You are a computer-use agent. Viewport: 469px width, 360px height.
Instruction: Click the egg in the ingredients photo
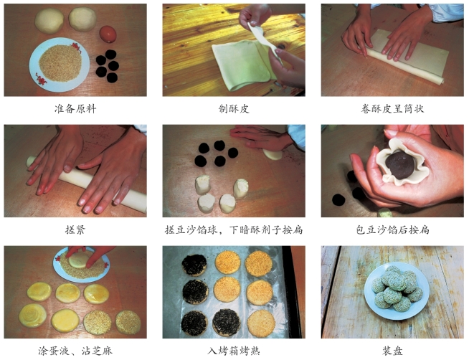(x=108, y=34)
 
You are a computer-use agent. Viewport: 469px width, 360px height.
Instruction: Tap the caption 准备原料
(x=75, y=108)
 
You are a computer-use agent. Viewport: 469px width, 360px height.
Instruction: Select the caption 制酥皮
(x=234, y=108)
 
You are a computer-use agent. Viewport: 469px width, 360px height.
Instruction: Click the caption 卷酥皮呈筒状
(x=392, y=108)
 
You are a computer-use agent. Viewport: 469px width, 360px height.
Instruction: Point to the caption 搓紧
(x=75, y=229)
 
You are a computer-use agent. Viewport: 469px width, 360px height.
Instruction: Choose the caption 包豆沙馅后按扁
(x=392, y=229)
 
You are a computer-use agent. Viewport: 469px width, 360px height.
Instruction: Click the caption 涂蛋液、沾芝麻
(x=75, y=351)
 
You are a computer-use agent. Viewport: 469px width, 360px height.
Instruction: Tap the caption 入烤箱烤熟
(x=234, y=351)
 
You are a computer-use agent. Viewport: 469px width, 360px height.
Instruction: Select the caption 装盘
(x=392, y=351)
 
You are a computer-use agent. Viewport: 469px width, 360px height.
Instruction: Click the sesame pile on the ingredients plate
(x=60, y=63)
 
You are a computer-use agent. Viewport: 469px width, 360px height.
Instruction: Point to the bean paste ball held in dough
(x=400, y=165)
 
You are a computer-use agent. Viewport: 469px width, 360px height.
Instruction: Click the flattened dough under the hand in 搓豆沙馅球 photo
(x=273, y=154)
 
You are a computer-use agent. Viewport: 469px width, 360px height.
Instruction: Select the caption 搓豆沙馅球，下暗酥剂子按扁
(x=234, y=229)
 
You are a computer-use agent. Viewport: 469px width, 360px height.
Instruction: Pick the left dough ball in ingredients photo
(x=49, y=21)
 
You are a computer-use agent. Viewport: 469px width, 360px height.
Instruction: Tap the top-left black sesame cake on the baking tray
(x=194, y=265)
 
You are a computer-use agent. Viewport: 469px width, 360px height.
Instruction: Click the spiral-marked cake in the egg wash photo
(x=32, y=316)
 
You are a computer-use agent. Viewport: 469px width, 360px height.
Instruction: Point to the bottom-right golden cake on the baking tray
(x=261, y=323)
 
